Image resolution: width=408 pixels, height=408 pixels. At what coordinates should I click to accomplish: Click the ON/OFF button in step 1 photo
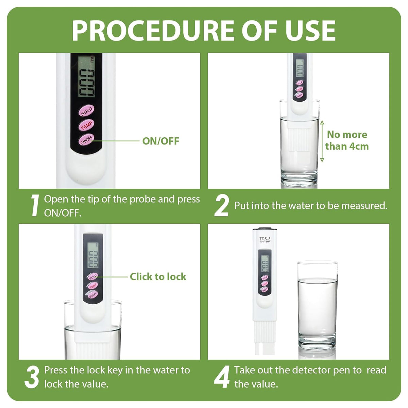86,140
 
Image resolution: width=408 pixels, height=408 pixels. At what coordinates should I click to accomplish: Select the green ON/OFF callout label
160,141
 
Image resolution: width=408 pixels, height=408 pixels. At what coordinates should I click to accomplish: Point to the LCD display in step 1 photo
86,76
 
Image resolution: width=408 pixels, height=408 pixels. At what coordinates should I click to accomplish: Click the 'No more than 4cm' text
347,140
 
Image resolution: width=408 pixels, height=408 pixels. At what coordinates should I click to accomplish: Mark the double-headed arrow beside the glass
322,141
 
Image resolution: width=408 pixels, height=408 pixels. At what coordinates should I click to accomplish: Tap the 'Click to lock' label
158,276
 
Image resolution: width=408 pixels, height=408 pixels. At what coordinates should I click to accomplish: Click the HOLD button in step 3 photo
92,277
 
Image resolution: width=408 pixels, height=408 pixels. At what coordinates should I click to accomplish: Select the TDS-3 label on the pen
265,239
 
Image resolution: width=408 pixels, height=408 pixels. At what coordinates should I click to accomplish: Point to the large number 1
34,206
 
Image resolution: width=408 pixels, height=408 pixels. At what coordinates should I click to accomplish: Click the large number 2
222,206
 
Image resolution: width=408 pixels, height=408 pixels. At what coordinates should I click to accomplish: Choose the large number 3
32,377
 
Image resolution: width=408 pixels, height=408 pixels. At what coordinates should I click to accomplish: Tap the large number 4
222,377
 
